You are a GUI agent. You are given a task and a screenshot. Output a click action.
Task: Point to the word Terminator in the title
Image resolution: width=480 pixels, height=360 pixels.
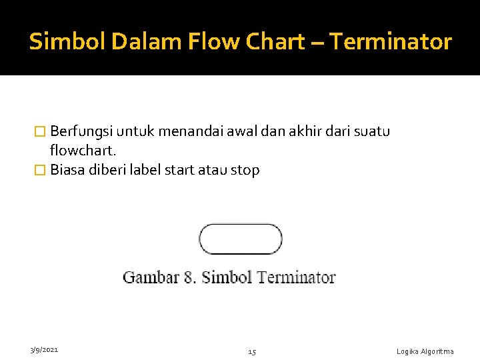coord(391,42)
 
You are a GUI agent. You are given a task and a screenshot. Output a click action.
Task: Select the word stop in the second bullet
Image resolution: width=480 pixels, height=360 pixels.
coord(245,170)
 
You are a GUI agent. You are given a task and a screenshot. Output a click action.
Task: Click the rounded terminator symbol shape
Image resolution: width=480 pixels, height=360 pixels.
coord(241,239)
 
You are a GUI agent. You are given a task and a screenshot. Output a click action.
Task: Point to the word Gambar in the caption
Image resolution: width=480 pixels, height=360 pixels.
coord(151,277)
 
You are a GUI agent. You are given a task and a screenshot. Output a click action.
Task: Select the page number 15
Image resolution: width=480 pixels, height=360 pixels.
coord(253,351)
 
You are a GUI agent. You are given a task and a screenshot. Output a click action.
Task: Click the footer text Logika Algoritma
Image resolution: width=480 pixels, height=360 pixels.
coord(425,351)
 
